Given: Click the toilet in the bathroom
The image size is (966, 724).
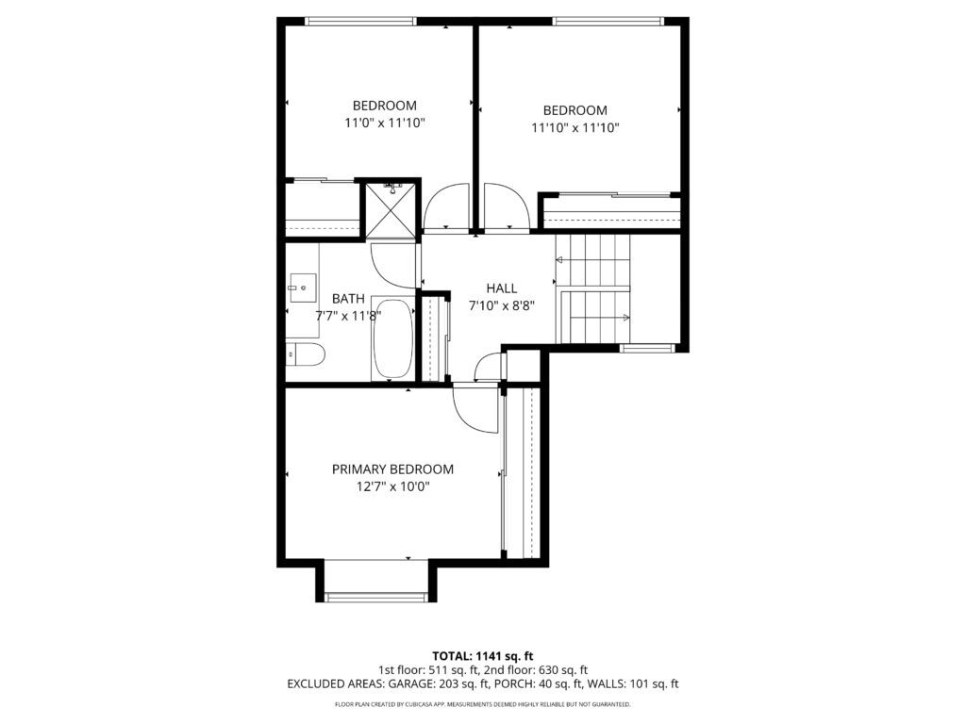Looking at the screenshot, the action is (306, 355).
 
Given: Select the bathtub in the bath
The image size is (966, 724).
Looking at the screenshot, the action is (393, 339).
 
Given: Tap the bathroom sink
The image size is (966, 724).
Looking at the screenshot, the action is (303, 288).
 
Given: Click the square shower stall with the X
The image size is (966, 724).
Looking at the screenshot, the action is (391, 209).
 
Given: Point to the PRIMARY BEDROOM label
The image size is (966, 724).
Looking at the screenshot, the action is (392, 469).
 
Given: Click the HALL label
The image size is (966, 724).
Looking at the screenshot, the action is (502, 288).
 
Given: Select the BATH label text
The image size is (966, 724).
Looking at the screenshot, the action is (348, 299).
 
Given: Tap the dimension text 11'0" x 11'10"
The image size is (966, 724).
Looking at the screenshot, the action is (385, 123).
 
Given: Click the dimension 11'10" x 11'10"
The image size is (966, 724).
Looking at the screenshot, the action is (575, 128).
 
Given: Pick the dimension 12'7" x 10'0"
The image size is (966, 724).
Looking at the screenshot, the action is (392, 487).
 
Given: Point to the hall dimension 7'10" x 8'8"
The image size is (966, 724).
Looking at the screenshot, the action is (502, 305).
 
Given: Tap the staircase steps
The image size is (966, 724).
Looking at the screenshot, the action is (593, 288).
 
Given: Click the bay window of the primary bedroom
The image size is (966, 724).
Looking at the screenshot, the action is (375, 596).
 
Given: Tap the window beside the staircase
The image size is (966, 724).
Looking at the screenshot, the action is (647, 348).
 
